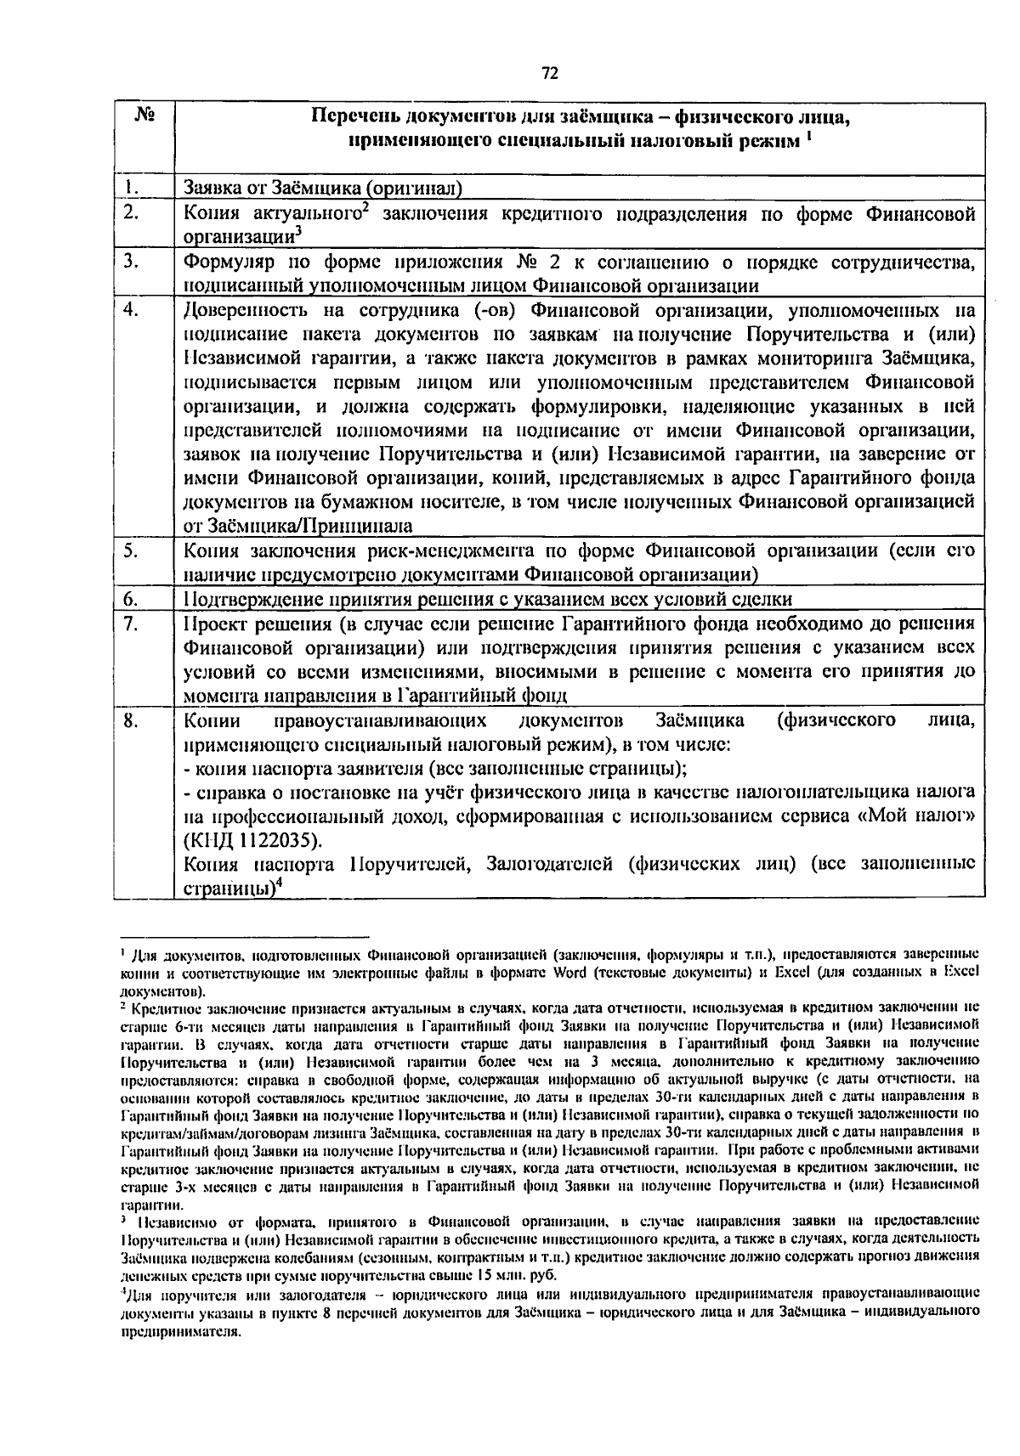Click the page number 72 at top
pos(549,74)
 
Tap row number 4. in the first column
pos(130,310)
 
